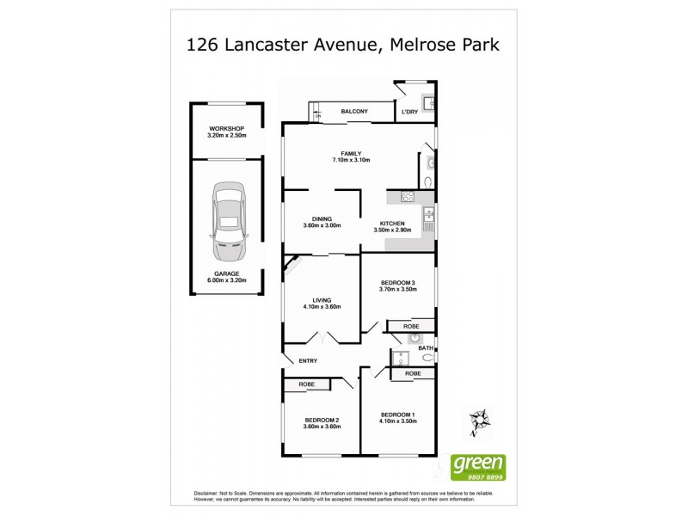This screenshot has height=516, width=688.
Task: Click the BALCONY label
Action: coord(354,112)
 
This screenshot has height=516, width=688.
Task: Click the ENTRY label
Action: coord(308,361)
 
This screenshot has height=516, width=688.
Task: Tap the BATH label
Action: coord(439,347)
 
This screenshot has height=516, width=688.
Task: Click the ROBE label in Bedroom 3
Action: coord(412,327)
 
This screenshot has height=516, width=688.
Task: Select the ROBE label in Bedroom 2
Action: coord(308,384)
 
